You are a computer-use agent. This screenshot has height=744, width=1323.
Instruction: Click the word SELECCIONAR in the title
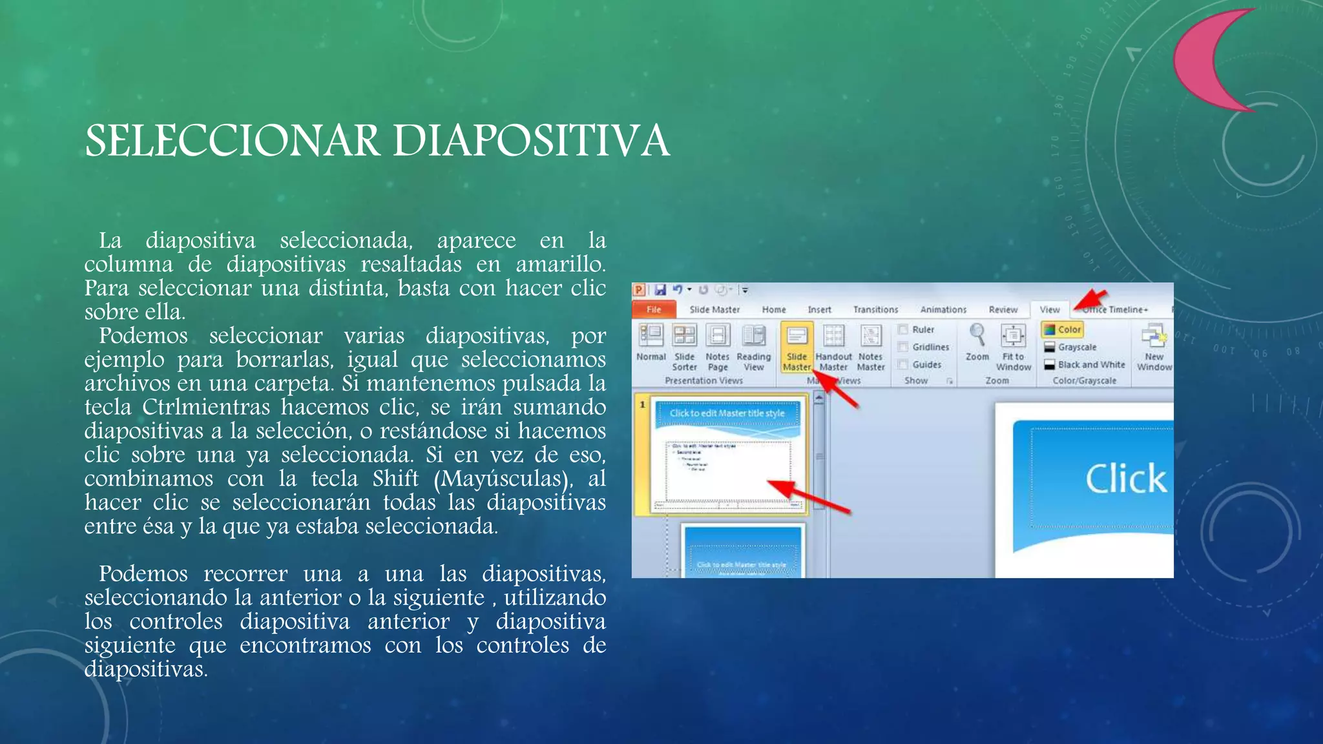[232, 141]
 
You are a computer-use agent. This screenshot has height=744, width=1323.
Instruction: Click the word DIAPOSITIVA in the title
[531, 141]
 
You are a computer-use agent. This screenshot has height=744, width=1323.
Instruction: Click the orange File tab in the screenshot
[654, 309]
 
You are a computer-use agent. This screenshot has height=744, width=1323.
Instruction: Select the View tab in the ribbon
[1050, 309]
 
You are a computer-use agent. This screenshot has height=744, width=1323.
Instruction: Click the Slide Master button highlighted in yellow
[797, 349]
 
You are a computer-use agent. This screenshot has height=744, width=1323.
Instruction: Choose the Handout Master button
[833, 349]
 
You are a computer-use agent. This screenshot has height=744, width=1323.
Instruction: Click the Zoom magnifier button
[977, 342]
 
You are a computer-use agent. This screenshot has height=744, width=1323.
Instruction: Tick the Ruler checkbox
[904, 329]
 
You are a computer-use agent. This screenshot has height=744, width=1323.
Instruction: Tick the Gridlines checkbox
[904, 347]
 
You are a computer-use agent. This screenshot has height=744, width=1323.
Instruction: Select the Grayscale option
[1076, 347]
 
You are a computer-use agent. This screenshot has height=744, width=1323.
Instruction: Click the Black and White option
[1090, 364]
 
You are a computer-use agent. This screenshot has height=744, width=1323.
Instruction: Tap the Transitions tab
[875, 309]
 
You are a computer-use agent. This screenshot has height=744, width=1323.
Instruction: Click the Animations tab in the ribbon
[943, 309]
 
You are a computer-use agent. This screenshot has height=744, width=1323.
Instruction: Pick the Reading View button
[753, 349]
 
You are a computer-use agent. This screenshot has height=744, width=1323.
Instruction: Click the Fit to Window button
[1013, 349]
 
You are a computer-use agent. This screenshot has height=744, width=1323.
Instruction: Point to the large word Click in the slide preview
[1125, 479]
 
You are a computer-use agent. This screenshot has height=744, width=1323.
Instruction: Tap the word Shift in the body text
[395, 479]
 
